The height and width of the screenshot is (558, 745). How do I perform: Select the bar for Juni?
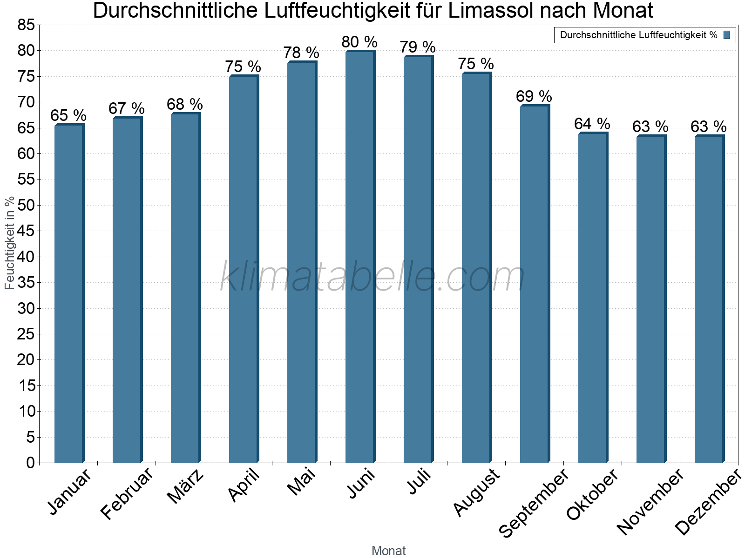pyautogui.click(x=360, y=256)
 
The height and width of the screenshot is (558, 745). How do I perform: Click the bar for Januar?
pyautogui.click(x=69, y=293)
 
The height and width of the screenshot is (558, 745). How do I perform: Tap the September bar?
pyautogui.click(x=535, y=284)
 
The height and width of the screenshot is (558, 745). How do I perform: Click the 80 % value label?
pyautogui.click(x=359, y=42)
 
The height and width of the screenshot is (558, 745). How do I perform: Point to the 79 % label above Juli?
pyautogui.click(x=418, y=47)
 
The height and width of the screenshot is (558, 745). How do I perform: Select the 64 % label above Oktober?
pyautogui.click(x=592, y=124)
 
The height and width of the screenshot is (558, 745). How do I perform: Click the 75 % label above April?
pyautogui.click(x=243, y=67)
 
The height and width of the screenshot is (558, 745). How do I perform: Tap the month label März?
pyautogui.click(x=186, y=486)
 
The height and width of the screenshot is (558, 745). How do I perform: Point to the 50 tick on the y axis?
pyautogui.click(x=26, y=205)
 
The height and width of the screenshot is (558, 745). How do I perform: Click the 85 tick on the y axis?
pyautogui.click(x=26, y=25)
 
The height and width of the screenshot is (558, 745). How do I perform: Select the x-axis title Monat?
pyautogui.click(x=388, y=551)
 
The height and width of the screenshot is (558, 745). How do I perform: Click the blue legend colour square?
pyautogui.click(x=727, y=35)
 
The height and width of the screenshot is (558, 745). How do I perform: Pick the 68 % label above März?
pyautogui.click(x=185, y=105)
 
